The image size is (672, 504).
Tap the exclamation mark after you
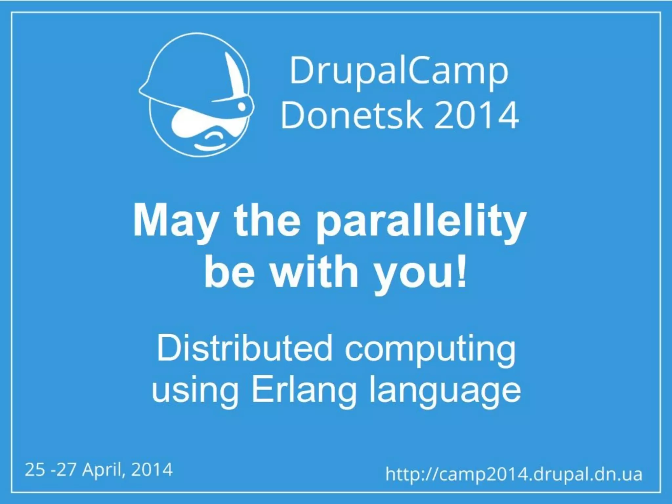pos(461,271)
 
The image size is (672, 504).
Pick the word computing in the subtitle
pos(430,350)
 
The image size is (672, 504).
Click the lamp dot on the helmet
pos(241,106)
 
